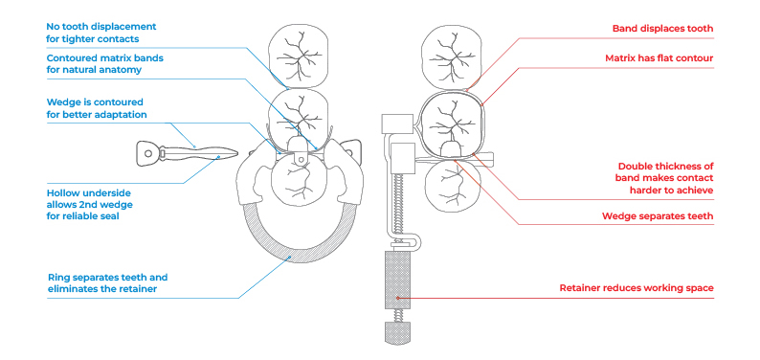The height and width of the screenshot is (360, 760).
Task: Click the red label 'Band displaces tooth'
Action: [x=662, y=29]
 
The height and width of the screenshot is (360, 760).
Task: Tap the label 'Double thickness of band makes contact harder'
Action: [x=665, y=177]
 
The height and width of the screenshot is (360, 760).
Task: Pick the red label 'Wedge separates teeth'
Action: [x=659, y=216]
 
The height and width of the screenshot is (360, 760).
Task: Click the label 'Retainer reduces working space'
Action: [x=636, y=287]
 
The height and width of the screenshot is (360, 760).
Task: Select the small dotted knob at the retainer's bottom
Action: [x=395, y=332]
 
